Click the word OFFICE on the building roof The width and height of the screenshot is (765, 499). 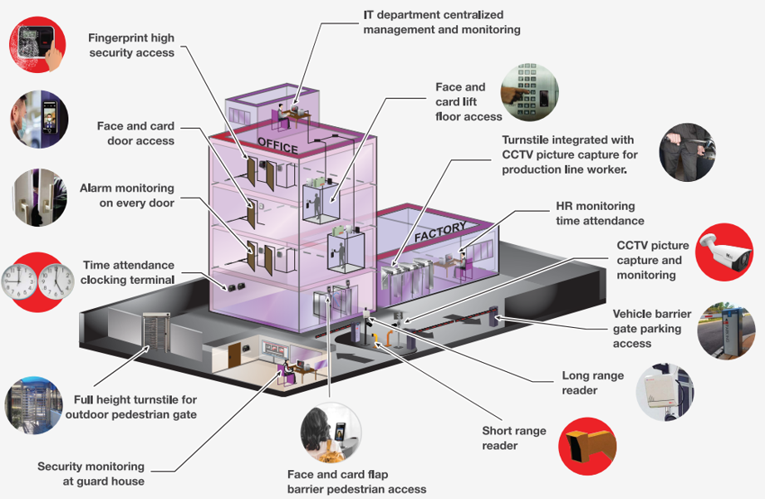277,145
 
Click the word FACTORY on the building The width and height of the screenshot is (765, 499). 440,232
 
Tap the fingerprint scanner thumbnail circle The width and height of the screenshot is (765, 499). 37,44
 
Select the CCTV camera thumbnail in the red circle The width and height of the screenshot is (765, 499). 724,252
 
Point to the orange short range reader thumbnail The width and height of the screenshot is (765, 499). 587,446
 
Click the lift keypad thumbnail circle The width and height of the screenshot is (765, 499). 529,92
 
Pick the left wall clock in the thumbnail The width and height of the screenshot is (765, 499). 19,281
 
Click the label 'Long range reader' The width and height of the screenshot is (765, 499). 593,383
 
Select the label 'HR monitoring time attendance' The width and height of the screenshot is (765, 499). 600,213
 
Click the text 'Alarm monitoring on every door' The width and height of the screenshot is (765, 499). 127,195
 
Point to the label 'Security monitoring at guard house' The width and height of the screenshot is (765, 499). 91,473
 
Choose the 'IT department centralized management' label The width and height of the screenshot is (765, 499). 442,22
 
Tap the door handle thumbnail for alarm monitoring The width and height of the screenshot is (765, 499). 40,197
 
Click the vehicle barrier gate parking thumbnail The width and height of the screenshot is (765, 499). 726,330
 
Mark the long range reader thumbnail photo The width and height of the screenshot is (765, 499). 665,392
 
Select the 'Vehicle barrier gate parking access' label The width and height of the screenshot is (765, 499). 652,328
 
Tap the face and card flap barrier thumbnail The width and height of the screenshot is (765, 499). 331,433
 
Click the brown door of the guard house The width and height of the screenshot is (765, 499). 235,355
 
